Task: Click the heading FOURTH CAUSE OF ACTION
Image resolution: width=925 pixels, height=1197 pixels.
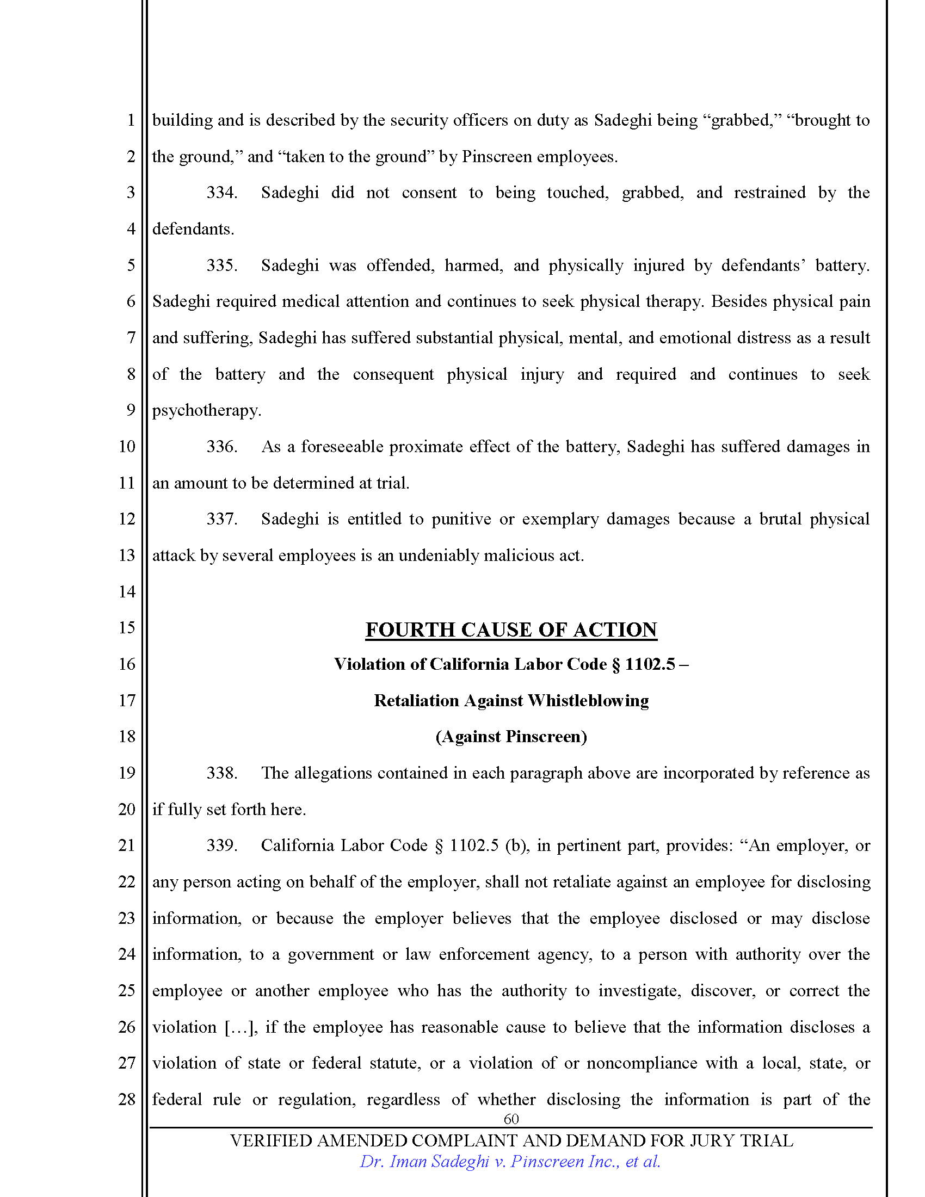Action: (x=511, y=630)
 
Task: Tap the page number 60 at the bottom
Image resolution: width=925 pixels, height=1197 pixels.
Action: (x=511, y=1119)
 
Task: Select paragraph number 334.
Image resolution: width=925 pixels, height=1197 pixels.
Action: (x=221, y=193)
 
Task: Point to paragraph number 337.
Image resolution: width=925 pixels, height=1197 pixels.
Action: (x=221, y=519)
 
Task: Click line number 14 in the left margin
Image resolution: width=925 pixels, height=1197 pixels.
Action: (x=127, y=591)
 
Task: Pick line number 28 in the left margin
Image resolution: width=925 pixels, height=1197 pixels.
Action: (x=127, y=1099)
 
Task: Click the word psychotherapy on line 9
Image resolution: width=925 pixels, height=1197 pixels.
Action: (x=206, y=410)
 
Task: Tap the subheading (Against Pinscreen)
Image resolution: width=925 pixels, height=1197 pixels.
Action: (x=511, y=736)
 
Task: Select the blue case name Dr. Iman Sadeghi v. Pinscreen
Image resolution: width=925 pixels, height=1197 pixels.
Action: (x=510, y=1162)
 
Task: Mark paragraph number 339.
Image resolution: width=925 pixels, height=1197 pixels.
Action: (x=221, y=845)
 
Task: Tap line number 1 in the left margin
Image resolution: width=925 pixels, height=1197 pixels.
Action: (x=131, y=120)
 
